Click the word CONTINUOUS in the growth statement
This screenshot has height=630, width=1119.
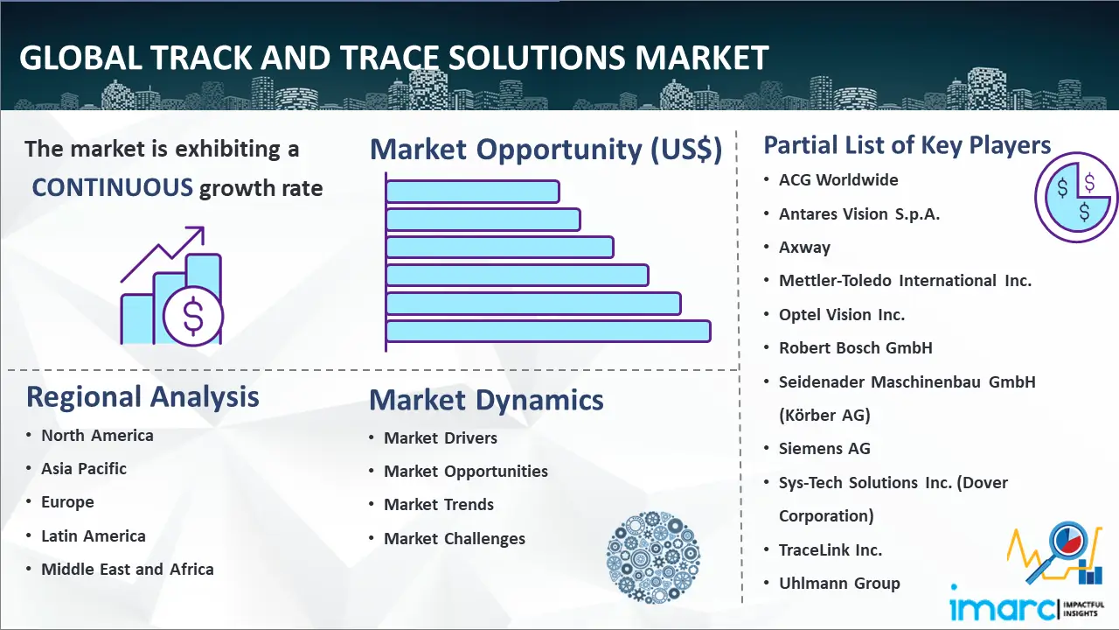113,188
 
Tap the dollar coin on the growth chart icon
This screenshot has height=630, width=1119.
193,317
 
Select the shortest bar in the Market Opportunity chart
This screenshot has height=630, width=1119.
473,192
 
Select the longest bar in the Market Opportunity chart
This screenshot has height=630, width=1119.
548,332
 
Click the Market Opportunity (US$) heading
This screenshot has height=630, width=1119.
546,149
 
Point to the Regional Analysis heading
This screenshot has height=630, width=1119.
142,397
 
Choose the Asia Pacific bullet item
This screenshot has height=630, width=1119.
84,468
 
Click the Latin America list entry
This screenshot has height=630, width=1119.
94,536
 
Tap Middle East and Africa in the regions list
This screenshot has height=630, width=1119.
128,569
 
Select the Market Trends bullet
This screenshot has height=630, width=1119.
439,505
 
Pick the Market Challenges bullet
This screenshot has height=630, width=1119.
455,538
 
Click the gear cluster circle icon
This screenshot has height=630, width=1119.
653,557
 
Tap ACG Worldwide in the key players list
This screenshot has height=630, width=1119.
838,179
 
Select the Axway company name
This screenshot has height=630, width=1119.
805,247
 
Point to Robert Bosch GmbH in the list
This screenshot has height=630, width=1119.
856,348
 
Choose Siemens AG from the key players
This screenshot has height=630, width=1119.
824,449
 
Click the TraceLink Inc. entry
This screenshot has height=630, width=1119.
831,550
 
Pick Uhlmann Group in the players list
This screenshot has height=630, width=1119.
840,583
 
